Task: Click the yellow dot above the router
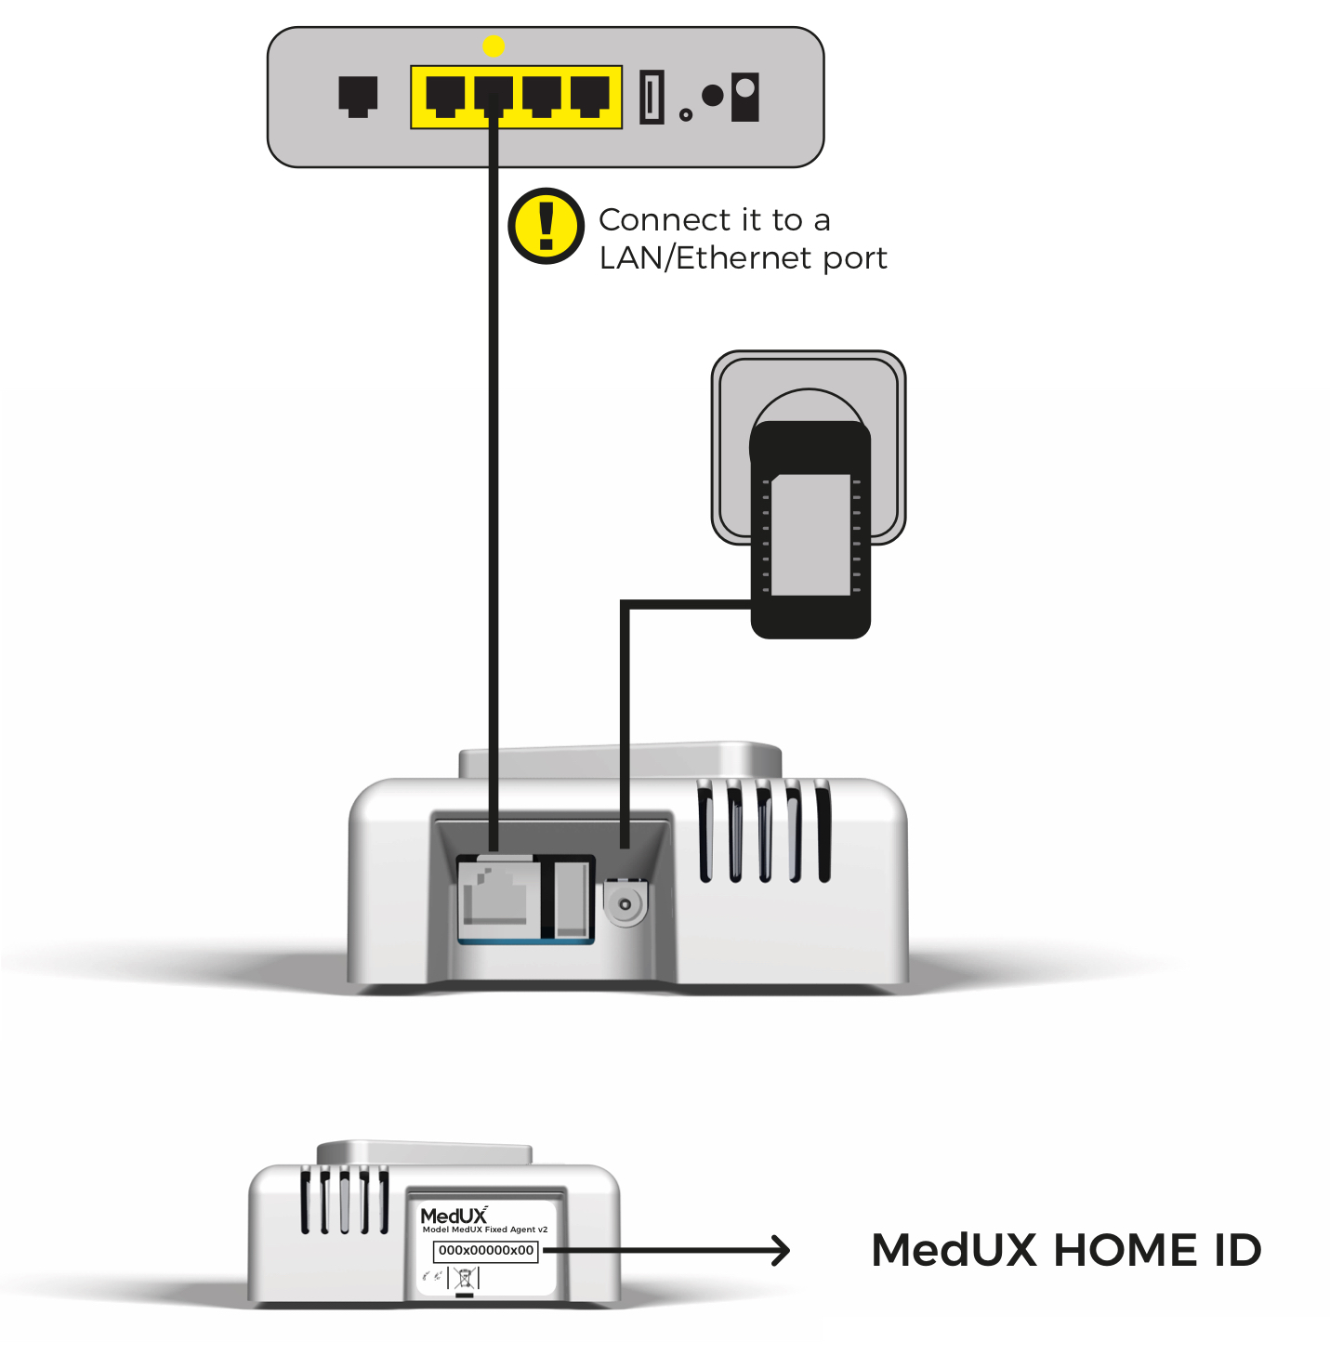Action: click(494, 46)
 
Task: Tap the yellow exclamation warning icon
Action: click(546, 226)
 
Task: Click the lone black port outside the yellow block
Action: click(358, 95)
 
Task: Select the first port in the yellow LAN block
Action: click(445, 96)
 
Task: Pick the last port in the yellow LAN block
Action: click(590, 96)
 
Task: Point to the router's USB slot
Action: click(652, 97)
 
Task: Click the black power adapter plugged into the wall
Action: click(810, 530)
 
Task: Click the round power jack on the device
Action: click(625, 903)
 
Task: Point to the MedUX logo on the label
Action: click(454, 1216)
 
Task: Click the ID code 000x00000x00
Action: click(486, 1251)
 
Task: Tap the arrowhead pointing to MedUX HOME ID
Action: click(779, 1251)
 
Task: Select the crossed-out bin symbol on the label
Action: click(465, 1278)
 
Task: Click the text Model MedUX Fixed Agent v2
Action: click(485, 1230)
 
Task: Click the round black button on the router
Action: click(713, 95)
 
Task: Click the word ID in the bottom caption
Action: click(1237, 1251)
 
